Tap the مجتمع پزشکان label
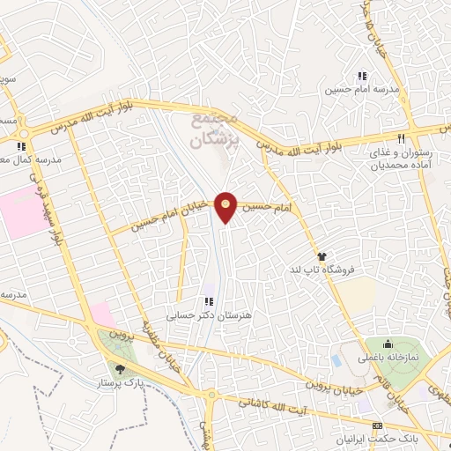217,129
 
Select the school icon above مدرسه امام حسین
361,76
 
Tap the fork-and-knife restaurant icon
402,137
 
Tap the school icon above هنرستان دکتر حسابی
209,301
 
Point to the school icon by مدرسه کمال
21,147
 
